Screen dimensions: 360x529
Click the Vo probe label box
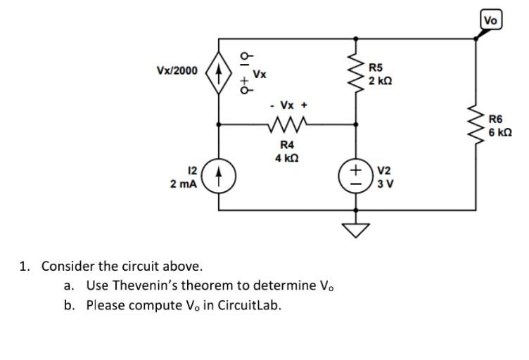pos(491,20)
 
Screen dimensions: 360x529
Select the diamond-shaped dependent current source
pos(218,72)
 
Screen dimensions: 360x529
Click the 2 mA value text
pos(185,184)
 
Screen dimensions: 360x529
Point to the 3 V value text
pos(385,184)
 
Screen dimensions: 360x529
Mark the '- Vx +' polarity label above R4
pos(288,105)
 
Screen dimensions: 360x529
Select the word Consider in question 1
pos(65,266)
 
